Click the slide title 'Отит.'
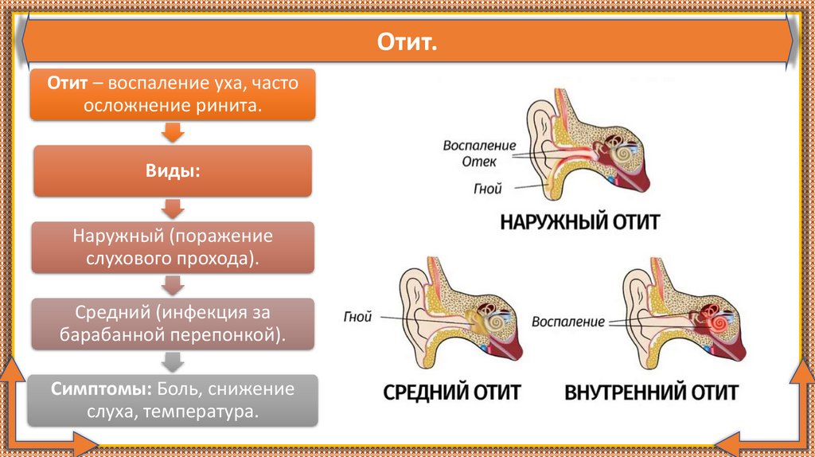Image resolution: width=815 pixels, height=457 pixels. click(x=407, y=41)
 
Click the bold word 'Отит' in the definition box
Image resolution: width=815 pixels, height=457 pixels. click(x=66, y=84)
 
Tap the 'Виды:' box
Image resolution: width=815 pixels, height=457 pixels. click(x=173, y=170)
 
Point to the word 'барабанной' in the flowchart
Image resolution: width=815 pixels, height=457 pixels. click(x=102, y=334)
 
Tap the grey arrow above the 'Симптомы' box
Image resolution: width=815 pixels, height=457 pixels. click(x=173, y=362)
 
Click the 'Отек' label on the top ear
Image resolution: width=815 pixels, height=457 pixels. click(x=480, y=162)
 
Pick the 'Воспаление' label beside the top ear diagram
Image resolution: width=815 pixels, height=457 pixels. click(x=481, y=146)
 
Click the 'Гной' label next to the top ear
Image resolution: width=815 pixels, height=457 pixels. click(x=487, y=189)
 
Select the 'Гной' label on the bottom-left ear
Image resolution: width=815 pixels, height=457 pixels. click(x=359, y=316)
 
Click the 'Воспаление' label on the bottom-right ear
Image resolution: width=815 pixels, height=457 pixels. click(x=567, y=322)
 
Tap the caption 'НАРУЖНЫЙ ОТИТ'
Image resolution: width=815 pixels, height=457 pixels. click(x=579, y=221)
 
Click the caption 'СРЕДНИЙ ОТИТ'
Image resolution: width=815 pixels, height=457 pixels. click(x=451, y=392)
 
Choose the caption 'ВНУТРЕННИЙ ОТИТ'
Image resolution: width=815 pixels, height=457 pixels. click(x=651, y=392)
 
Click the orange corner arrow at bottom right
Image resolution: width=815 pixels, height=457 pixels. click(x=764, y=439)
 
